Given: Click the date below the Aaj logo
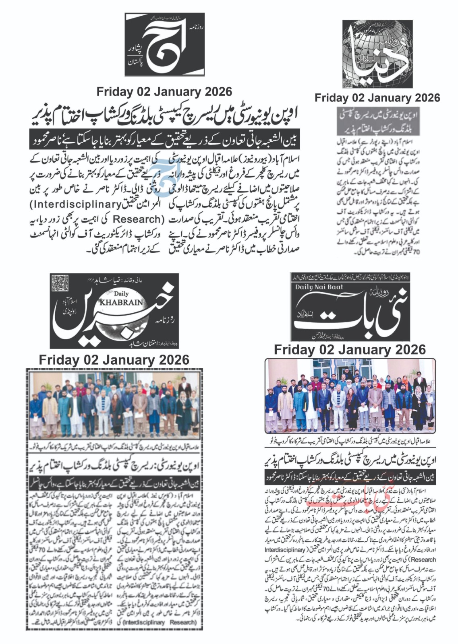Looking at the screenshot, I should pyautogui.click(x=164, y=92).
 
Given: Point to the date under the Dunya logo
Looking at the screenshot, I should pyautogui.click(x=377, y=98).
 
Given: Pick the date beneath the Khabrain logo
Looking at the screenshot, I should pyautogui.click(x=114, y=359).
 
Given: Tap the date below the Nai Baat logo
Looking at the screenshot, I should pyautogui.click(x=350, y=349).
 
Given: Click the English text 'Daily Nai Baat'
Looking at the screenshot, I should pyautogui.click(x=319, y=287).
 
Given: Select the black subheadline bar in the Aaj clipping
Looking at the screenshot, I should pyautogui.click(x=164, y=139).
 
